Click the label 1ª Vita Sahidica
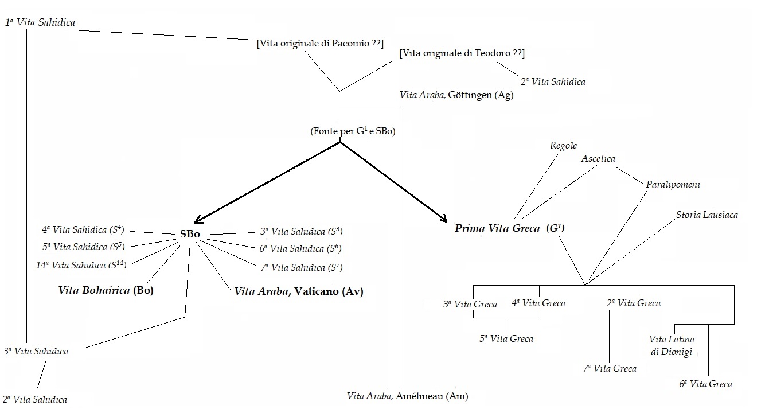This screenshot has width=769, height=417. (40, 22)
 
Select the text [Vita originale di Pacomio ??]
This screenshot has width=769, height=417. (320, 43)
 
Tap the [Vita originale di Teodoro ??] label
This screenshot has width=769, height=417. (462, 53)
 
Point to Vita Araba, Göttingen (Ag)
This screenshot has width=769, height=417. (456, 95)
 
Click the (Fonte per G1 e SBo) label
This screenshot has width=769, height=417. (354, 131)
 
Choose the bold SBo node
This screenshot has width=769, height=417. (190, 235)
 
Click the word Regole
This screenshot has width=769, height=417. (563, 146)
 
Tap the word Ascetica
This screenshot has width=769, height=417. (598, 158)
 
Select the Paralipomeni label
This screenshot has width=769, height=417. (673, 185)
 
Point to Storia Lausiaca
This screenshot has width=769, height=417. (706, 215)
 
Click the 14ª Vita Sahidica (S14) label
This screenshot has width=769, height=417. (81, 264)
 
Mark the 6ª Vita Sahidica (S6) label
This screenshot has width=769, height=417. (300, 248)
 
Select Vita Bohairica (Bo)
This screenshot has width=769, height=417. (106, 290)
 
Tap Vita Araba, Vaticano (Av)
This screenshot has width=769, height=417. (299, 291)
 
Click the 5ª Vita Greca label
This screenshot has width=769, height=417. (506, 338)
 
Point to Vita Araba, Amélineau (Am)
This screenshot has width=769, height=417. (408, 396)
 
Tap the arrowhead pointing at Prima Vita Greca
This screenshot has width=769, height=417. (444, 219)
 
